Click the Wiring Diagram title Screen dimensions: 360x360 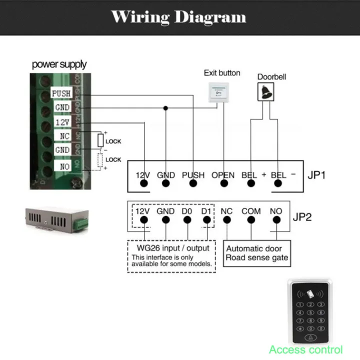178,17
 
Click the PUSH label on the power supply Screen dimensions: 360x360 61,93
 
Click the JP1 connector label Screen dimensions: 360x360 316,175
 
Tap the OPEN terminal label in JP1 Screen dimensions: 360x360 222,175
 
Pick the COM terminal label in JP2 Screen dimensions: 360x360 251,211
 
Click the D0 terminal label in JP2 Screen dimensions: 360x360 187,211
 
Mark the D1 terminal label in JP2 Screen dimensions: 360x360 205,211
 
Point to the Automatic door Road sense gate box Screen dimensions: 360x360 257,253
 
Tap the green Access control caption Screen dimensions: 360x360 306,349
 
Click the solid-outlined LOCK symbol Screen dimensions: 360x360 100,140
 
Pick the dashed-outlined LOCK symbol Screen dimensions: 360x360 100,160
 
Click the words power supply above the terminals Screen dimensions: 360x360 59,64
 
